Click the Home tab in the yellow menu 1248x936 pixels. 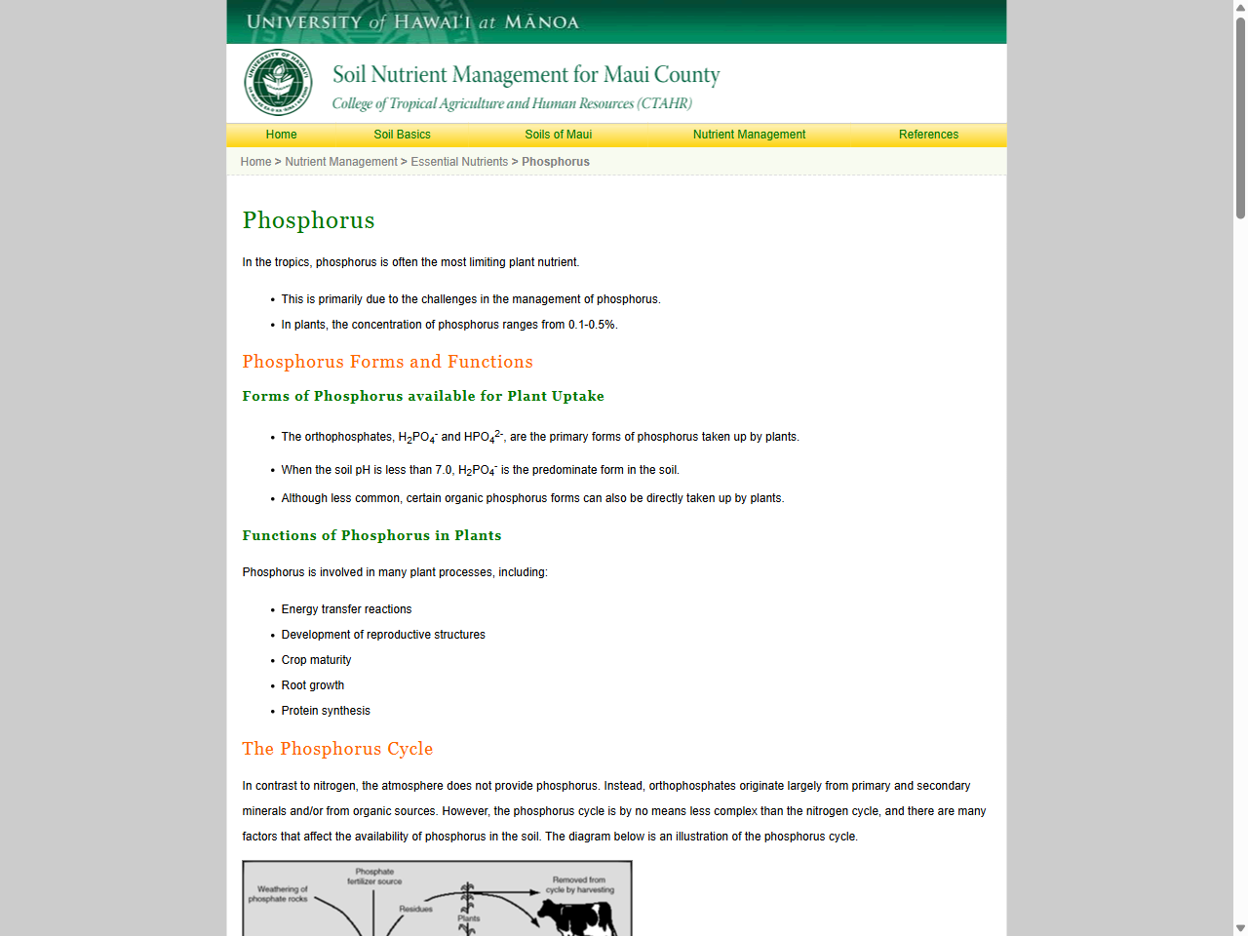[281, 135]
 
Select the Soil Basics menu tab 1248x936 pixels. [402, 135]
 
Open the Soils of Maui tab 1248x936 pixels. [558, 135]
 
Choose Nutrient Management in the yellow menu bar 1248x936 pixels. [749, 135]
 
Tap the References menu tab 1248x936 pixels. [928, 135]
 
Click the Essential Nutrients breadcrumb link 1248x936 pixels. [459, 162]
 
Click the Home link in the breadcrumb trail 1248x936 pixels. [255, 162]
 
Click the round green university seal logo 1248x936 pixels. [278, 83]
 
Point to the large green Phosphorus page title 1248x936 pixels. [308, 220]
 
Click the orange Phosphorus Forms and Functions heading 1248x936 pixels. [387, 362]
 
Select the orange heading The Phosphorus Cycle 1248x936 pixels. [337, 749]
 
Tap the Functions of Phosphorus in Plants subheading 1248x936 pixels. [371, 535]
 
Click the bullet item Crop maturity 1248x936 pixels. [316, 660]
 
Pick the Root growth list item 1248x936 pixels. [312, 685]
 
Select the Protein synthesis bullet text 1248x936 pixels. [326, 711]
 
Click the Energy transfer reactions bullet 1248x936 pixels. [346, 609]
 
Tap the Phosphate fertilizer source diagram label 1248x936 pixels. [374, 877]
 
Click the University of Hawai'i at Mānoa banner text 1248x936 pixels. [412, 21]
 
